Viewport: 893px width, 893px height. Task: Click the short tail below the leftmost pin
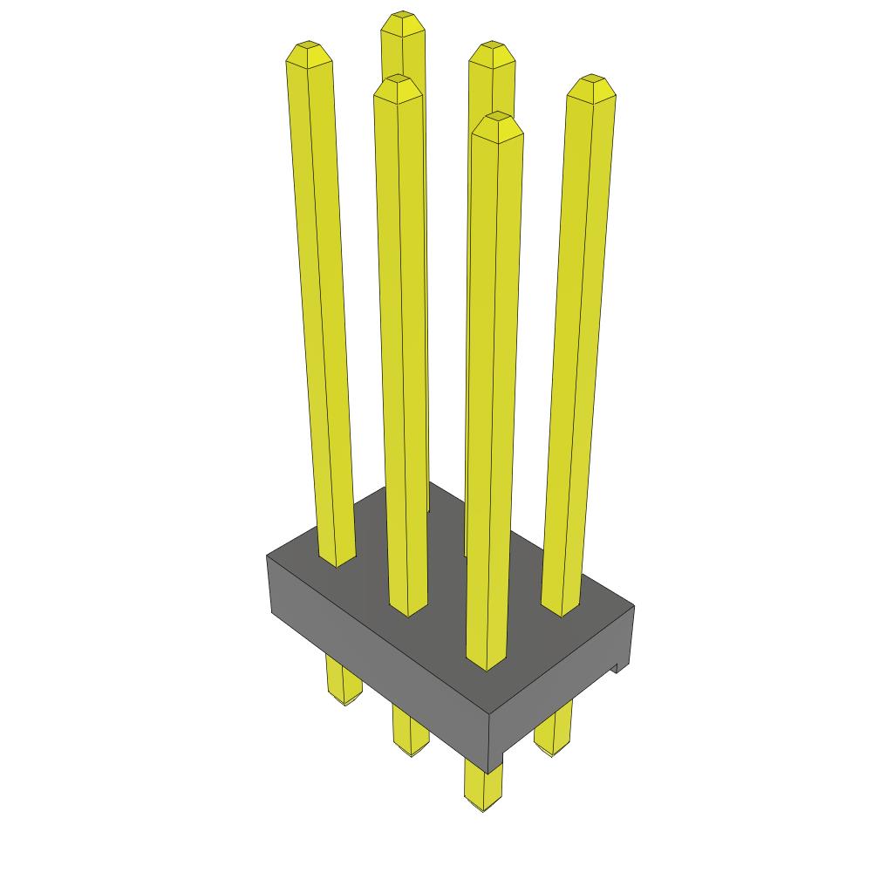click(x=344, y=685)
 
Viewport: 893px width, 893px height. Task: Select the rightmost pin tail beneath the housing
click(x=554, y=733)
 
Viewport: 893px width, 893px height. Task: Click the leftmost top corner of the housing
click(x=267, y=556)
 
